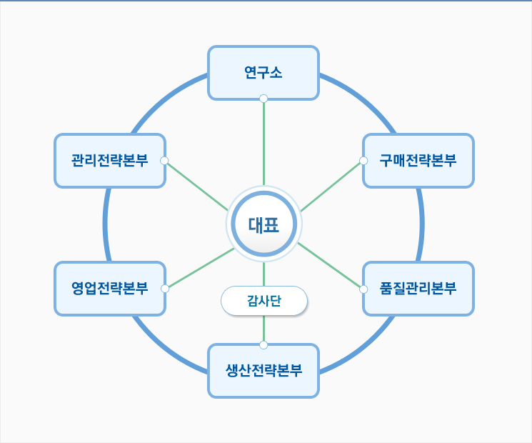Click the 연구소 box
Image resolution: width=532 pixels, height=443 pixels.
(x=264, y=73)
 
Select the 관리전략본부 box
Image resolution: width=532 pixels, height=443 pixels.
(x=110, y=161)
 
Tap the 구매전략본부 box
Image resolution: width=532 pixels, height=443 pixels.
(x=418, y=161)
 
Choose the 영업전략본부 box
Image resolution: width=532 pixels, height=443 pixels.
(x=110, y=289)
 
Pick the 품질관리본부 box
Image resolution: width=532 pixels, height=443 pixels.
(x=418, y=289)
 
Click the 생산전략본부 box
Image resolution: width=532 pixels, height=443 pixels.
(x=264, y=371)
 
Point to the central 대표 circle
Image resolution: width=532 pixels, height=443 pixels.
(x=264, y=224)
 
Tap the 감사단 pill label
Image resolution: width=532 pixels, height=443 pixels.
(x=264, y=301)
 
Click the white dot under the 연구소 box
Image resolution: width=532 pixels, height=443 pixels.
(x=264, y=99)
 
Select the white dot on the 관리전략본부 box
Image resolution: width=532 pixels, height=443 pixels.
(x=164, y=161)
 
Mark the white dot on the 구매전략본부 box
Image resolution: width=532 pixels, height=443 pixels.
(x=363, y=161)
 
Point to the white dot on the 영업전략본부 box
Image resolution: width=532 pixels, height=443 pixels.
(x=165, y=289)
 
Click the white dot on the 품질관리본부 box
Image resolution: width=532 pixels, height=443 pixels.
(x=363, y=289)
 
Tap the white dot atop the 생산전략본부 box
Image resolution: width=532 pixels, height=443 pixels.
(x=264, y=345)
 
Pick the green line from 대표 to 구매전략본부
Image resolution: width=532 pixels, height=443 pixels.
(x=331, y=186)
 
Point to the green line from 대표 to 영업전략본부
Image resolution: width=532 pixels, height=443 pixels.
(x=201, y=268)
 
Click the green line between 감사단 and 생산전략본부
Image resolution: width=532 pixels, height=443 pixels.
(x=264, y=329)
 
